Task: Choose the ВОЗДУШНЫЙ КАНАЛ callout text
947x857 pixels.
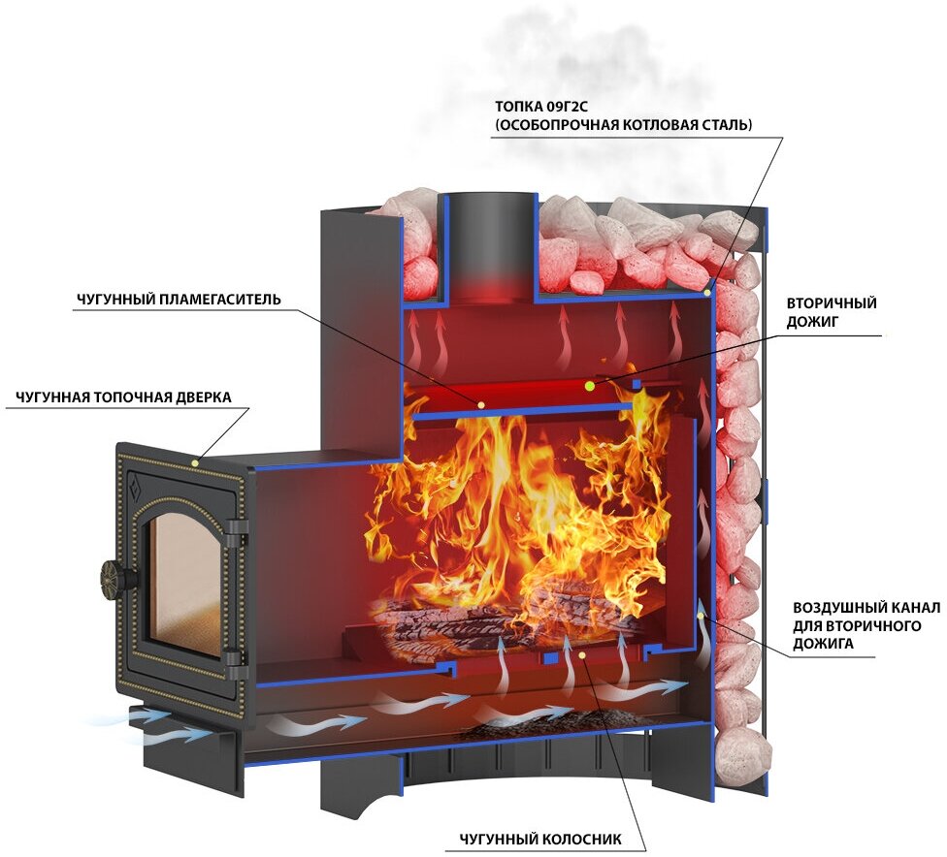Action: tap(866, 623)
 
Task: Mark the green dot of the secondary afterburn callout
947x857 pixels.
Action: tap(589, 386)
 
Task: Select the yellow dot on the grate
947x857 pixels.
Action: tap(581, 656)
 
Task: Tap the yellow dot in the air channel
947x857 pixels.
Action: tap(702, 614)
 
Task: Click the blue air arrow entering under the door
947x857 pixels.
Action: tap(155, 718)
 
